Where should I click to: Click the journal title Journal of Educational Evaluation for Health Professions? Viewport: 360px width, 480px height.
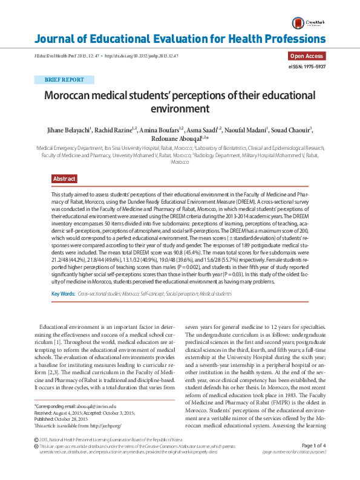(180, 40)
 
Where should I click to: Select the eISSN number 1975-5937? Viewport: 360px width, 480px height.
(308, 66)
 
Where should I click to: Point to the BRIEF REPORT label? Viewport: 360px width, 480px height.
(64, 80)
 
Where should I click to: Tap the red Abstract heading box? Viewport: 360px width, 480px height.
(64, 179)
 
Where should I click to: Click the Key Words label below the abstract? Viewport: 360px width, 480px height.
(64, 294)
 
